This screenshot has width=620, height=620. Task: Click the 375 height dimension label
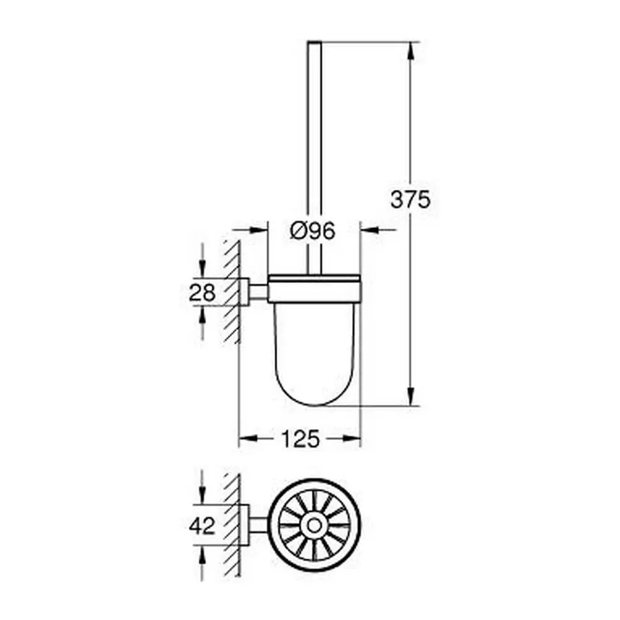click(x=410, y=200)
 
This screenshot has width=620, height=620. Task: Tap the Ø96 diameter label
click(x=313, y=231)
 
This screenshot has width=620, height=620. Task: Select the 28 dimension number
click(x=202, y=292)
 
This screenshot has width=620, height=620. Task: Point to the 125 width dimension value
click(x=300, y=438)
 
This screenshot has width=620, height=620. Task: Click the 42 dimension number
click(x=202, y=526)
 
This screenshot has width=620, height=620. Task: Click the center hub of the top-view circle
click(x=316, y=526)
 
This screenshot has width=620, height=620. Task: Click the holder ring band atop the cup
click(x=313, y=289)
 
